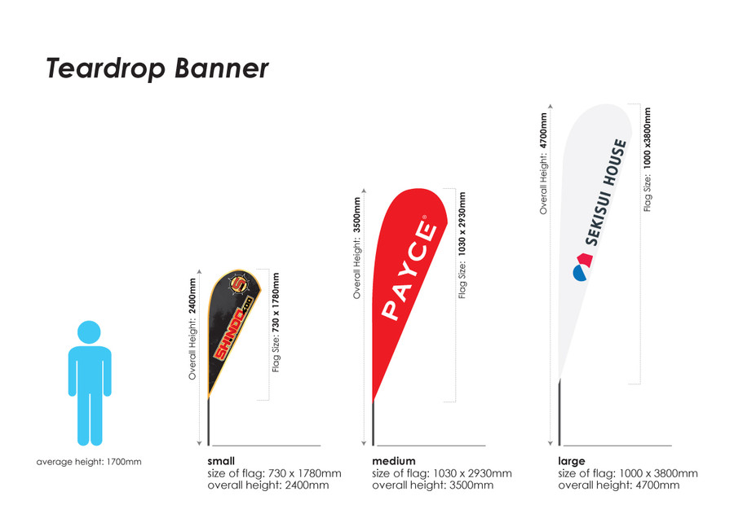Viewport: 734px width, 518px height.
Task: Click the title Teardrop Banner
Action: click(x=157, y=68)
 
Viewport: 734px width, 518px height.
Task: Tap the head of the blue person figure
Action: click(x=90, y=331)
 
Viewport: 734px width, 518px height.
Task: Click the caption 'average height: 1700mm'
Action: click(x=89, y=463)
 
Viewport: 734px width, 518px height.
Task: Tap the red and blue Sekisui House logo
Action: click(x=581, y=266)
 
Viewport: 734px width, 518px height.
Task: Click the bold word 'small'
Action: click(x=222, y=461)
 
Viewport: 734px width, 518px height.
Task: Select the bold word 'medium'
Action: click(x=394, y=461)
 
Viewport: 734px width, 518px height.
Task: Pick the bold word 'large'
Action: click(x=572, y=461)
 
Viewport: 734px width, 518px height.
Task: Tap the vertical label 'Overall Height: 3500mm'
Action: click(x=356, y=247)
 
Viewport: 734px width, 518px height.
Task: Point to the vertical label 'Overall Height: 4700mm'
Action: click(x=543, y=163)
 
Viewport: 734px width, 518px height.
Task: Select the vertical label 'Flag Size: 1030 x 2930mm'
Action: click(x=462, y=245)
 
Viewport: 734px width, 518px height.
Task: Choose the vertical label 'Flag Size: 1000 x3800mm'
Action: click(x=648, y=160)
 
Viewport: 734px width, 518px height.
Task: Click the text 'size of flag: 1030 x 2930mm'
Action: click(x=441, y=473)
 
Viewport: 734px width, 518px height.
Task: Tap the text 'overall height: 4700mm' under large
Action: click(x=618, y=485)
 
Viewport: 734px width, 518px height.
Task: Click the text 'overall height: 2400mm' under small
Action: click(x=268, y=485)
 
